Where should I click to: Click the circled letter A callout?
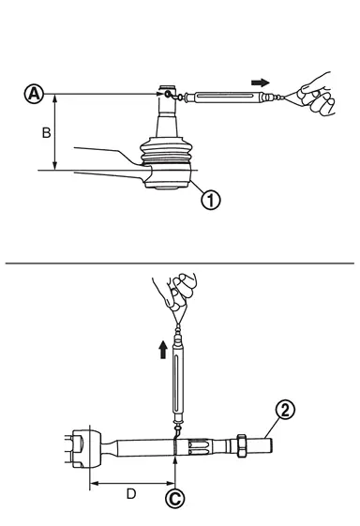click(x=35, y=94)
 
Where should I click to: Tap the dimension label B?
click(x=46, y=133)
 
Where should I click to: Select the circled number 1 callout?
click(x=211, y=200)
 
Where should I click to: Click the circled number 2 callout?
click(x=285, y=410)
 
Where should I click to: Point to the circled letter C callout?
click(x=174, y=499)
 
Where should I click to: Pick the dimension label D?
click(x=131, y=494)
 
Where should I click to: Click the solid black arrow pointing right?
click(x=261, y=83)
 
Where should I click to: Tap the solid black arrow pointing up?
click(x=163, y=350)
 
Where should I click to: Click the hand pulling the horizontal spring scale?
click(x=316, y=94)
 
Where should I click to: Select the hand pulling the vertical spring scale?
click(x=175, y=292)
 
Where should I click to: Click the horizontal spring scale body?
click(x=224, y=97)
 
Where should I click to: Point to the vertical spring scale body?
click(x=178, y=380)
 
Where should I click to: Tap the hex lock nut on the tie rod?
click(x=242, y=445)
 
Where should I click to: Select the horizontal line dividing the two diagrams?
click(x=179, y=263)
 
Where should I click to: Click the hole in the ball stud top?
click(x=168, y=95)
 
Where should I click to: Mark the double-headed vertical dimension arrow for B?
click(x=54, y=132)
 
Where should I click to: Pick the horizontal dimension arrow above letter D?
click(x=133, y=483)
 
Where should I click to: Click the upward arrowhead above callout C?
click(x=175, y=459)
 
